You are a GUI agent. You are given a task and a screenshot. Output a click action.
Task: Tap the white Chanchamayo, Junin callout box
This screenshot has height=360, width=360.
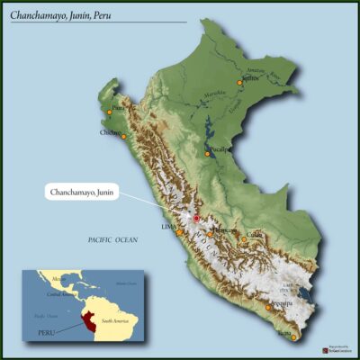point(82,191)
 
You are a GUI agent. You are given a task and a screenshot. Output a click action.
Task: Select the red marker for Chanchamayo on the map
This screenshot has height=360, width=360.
point(196,218)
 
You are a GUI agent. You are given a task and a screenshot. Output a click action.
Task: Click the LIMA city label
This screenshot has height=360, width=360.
point(168,227)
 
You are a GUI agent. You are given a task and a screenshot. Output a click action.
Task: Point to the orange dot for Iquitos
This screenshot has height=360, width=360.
point(240,82)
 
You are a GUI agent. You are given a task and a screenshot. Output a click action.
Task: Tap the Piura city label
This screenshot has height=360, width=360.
point(117,106)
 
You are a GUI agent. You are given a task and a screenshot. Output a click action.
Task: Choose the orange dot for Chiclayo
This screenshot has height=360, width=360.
point(123,136)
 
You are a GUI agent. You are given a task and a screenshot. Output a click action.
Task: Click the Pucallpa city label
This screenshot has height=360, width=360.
point(220,148)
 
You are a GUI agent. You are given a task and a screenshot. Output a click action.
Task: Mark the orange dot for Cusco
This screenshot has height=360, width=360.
point(242,238)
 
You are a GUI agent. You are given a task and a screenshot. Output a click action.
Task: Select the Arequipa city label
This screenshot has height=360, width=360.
point(283,303)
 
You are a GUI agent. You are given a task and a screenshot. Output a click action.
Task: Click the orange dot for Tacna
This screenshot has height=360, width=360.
point(293,337)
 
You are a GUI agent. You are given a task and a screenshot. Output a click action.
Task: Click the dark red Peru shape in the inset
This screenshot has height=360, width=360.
point(85,322)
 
